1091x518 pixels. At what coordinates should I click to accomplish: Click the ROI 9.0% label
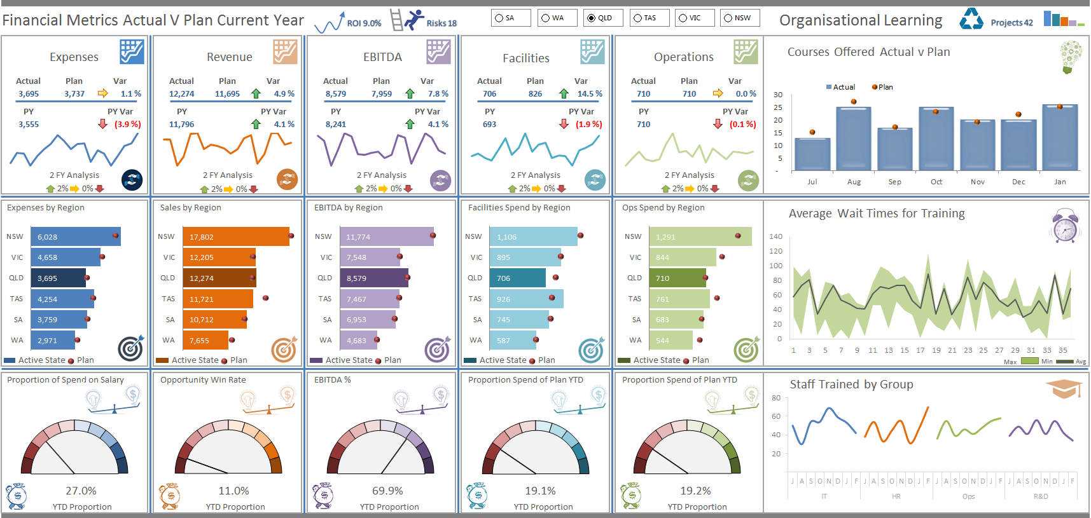click(364, 24)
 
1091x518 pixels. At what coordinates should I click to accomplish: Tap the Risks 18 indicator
click(441, 24)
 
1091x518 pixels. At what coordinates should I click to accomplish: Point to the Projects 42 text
click(1011, 23)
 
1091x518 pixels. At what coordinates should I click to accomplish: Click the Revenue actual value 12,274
click(181, 94)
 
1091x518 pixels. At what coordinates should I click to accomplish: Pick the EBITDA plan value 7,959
click(382, 94)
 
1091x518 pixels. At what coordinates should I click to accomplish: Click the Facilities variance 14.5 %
click(589, 94)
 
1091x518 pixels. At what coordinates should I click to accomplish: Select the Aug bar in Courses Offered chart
click(854, 140)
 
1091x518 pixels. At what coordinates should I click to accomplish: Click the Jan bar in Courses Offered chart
click(1060, 139)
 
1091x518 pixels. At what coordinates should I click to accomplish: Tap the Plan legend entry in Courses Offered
click(882, 87)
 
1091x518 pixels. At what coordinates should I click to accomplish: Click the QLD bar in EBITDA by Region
click(375, 278)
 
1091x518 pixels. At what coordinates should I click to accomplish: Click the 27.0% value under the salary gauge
click(81, 491)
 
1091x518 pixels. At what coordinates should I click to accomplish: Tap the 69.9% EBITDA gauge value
click(387, 491)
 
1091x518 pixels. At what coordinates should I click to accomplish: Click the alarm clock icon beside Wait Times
click(1065, 226)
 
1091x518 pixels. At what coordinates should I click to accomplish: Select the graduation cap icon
click(1064, 388)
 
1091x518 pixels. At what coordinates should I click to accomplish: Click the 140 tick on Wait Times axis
click(775, 236)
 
